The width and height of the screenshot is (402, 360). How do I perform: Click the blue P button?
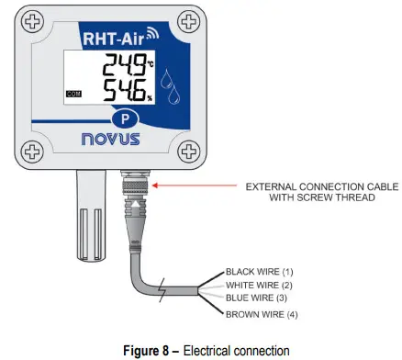pos(123,120)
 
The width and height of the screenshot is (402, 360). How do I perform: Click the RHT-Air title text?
pos(117,39)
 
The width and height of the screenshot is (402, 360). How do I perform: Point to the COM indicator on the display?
pos(73,94)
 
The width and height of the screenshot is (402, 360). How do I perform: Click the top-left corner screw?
pos(33,21)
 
